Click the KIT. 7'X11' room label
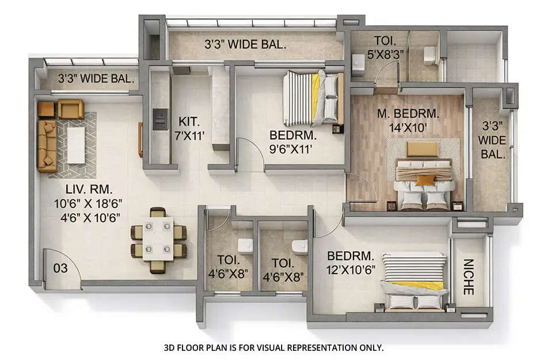189,128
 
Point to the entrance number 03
60,268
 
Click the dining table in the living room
158,240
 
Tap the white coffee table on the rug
76,145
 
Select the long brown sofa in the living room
47,146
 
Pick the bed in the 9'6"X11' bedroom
313,98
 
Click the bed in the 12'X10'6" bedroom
414,281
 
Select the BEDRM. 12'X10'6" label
351,263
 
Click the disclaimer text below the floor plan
273,348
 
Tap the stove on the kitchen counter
160,119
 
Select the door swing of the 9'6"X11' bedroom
249,153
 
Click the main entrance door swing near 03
62,269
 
